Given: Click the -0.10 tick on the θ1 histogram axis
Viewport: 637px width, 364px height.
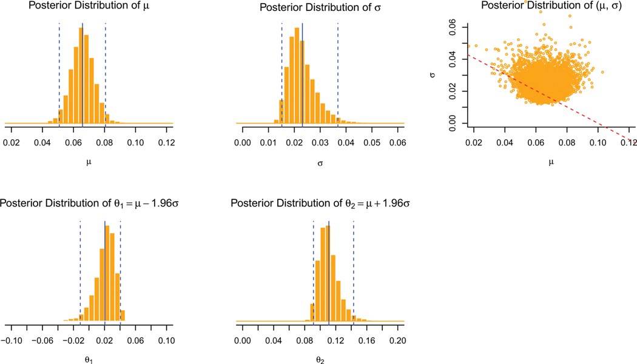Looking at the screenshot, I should click(x=12, y=341).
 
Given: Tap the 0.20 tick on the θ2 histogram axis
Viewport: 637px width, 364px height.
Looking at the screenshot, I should click(x=397, y=341).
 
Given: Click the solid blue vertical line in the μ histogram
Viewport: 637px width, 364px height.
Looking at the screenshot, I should click(x=83, y=73).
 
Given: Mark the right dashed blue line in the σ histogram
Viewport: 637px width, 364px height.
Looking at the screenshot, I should click(x=338, y=73).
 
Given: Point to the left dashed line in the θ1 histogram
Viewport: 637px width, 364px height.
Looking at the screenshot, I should click(x=80, y=273).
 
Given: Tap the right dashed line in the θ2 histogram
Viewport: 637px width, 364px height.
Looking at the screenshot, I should click(x=354, y=273).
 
